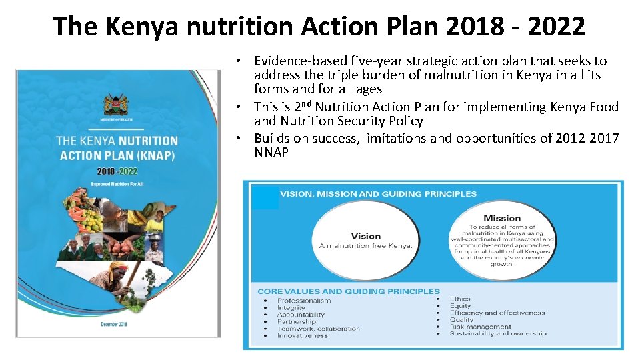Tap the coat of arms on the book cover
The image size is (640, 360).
coord(115,105)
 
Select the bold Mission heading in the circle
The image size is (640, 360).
coord(502,218)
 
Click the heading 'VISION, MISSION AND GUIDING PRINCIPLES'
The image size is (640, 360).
coord(378,194)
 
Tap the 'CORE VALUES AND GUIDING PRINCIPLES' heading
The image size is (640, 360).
coord(349,291)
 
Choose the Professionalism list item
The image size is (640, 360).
coord(304,301)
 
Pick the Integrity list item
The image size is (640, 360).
coord(291,307)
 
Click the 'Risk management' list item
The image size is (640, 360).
coord(480,327)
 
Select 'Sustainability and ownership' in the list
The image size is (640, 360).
coord(497,333)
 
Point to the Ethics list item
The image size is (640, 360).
coord(460,299)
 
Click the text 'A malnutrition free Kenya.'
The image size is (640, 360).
coord(365,245)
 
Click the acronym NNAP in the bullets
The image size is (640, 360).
coord(271,153)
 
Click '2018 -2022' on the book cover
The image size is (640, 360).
coord(117,170)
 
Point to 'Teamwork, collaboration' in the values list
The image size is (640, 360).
coord(318,329)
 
